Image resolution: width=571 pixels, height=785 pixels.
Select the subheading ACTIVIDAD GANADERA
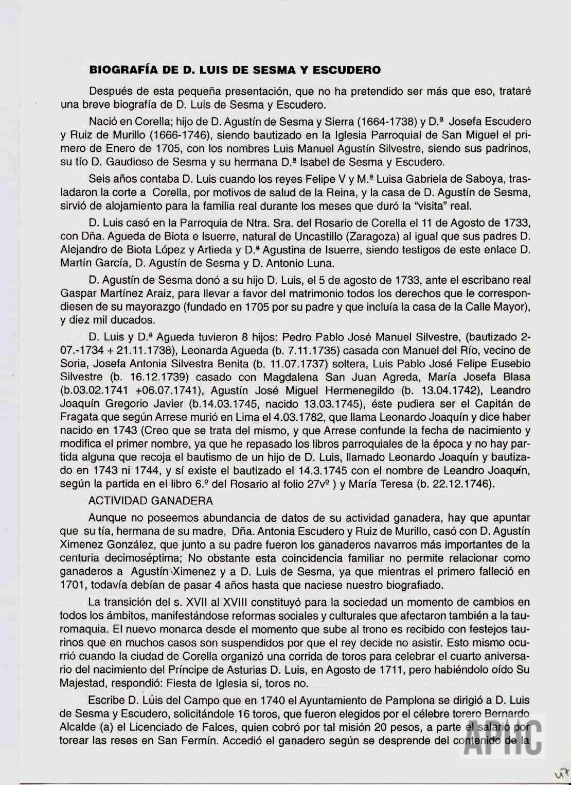(150, 500)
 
